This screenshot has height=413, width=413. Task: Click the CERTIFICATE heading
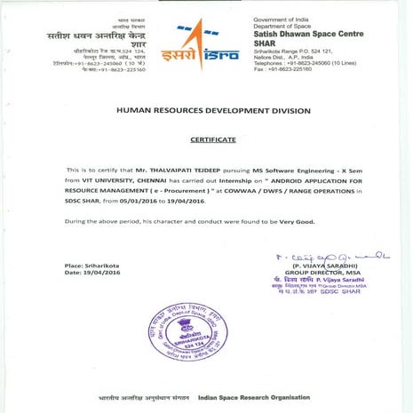tap(212, 139)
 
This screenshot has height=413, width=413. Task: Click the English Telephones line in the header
tap(303, 62)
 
